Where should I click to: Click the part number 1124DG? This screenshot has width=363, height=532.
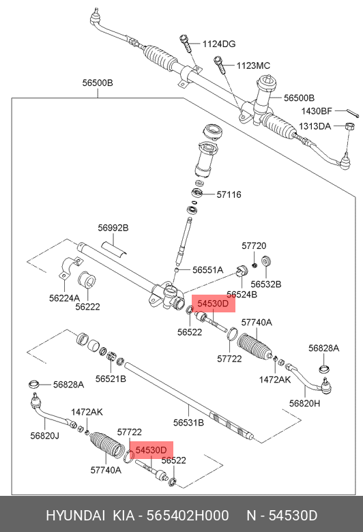click(218, 44)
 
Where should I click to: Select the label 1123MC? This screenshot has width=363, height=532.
click(253, 65)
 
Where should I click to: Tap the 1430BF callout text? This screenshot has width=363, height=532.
click(317, 110)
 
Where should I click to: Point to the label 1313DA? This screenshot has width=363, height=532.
click(316, 126)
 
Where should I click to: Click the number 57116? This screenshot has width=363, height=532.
click(229, 194)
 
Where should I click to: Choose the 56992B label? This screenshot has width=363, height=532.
click(113, 228)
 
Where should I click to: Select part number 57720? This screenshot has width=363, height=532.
click(254, 246)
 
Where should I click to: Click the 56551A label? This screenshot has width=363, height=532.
click(207, 269)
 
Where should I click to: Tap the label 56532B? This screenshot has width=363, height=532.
click(265, 284)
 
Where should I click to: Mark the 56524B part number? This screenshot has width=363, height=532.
click(242, 295)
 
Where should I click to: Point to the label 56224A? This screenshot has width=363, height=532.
click(64, 298)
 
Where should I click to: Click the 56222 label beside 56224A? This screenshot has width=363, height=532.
click(88, 307)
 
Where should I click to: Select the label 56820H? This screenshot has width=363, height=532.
click(304, 403)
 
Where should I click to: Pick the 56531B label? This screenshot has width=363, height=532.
click(188, 422)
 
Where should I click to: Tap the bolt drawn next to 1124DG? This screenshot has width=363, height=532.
click(186, 45)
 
